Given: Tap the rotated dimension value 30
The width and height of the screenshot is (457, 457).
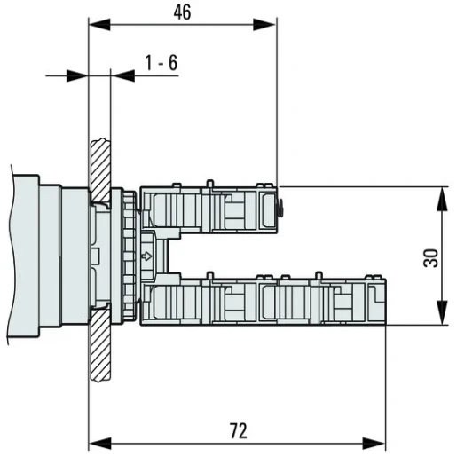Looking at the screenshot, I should point(430,257).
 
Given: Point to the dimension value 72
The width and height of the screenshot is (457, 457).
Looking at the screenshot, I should point(237,430).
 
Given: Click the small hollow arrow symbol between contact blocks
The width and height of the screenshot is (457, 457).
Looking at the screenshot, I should point(146,258).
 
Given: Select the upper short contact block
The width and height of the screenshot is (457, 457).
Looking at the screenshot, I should point(213,210).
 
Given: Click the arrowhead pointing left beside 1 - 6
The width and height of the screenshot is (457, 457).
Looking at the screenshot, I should point(121,75).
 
